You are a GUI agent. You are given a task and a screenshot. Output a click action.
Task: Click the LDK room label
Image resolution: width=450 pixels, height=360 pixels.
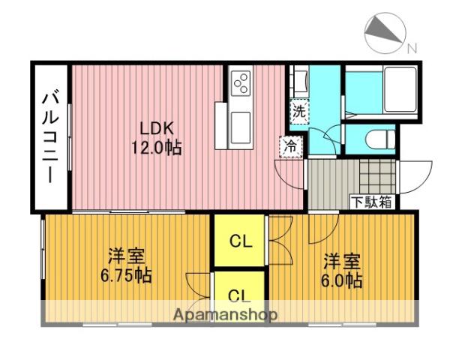157,128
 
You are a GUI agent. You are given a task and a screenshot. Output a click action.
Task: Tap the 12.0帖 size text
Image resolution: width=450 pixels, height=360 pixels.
157,148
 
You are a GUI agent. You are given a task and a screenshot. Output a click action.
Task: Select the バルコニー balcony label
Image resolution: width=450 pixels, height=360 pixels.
51,138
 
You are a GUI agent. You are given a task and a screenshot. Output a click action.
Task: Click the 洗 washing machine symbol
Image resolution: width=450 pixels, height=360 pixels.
299,112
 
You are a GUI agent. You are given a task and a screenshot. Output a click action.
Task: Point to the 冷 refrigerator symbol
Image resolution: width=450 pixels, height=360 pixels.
291,146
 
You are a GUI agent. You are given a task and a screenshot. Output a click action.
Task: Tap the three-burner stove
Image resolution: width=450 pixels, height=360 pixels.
241,83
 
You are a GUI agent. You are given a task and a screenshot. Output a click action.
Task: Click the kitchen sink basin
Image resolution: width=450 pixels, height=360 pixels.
241,127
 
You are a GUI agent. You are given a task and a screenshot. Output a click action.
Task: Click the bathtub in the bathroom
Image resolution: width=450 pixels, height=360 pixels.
400,89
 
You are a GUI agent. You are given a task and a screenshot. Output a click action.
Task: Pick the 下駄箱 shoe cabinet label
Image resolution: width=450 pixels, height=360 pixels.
372,202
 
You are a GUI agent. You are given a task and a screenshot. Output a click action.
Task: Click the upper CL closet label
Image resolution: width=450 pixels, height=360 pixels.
241,241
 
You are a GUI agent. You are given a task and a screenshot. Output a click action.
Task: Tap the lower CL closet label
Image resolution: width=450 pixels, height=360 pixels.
239,295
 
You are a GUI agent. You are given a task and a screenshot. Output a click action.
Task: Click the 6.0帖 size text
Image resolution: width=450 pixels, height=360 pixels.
341,280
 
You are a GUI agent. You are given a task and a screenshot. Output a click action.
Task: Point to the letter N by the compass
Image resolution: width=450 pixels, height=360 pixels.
412,49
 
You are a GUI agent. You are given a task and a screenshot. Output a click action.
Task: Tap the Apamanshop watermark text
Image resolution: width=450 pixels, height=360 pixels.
225,315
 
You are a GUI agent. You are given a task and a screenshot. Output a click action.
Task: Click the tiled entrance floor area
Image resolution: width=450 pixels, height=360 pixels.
376,177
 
